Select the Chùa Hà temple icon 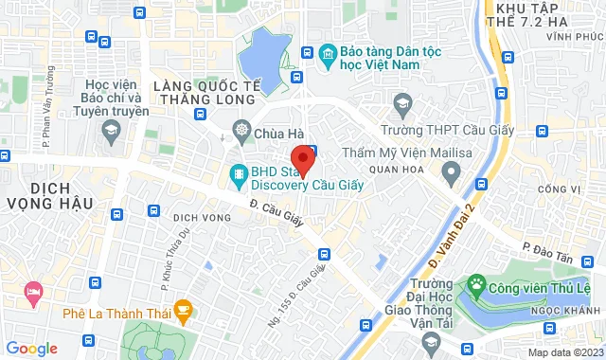pyautogui.click(x=242, y=130)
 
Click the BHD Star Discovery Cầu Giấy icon pyautogui.click(x=239, y=173)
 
